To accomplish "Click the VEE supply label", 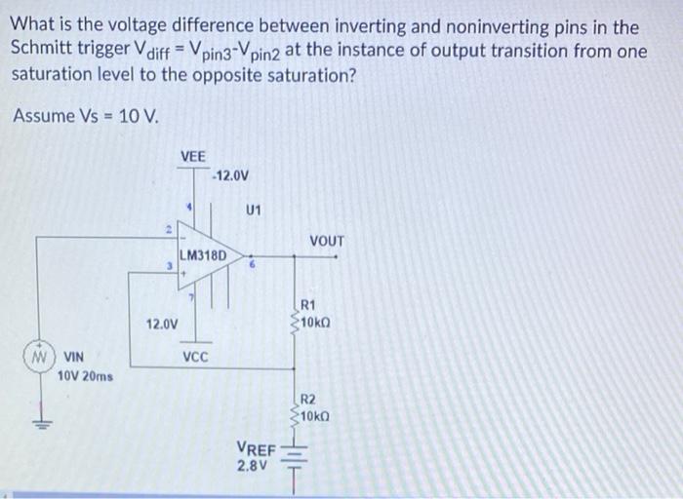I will [x=193, y=156].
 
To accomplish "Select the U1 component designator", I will [x=253, y=209].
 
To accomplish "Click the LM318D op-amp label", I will [x=203, y=255].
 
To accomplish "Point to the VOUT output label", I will [x=327, y=241].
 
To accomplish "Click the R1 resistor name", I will [x=307, y=304].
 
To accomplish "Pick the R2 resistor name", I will [x=307, y=400].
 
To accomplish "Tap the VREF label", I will [x=256, y=448].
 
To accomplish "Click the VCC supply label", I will [x=195, y=358].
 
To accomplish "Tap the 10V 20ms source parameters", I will [x=86, y=375].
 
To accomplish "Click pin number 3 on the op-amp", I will [x=169, y=263].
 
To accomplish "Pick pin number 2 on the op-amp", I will [x=168, y=231].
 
